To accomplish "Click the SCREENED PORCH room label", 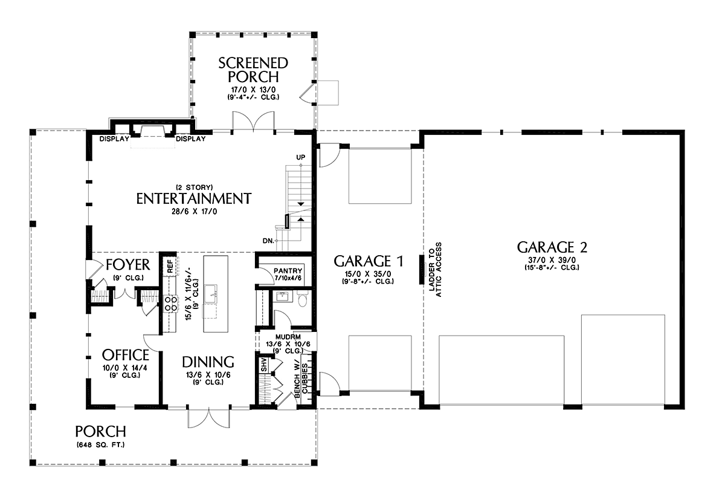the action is [253, 70].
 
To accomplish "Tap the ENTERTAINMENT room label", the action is [194, 198].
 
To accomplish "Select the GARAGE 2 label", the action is [552, 247].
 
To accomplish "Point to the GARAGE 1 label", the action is [369, 261].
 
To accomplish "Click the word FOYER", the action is [128, 265].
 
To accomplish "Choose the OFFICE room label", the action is [126, 355].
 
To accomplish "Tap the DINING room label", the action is [208, 362].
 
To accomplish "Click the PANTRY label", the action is [288, 271].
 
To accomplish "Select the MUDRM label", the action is [288, 337].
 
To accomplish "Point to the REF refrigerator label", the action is [170, 266].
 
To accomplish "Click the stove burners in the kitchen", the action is [171, 304].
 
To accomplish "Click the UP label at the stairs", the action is [301, 157].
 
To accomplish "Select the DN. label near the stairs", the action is [268, 241].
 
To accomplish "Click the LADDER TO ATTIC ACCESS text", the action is [436, 270].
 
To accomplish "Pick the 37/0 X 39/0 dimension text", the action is [552, 260].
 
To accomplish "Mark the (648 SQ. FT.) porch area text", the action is [101, 445].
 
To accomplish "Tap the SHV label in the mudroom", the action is [264, 365].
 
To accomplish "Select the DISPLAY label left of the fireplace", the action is [114, 139].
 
